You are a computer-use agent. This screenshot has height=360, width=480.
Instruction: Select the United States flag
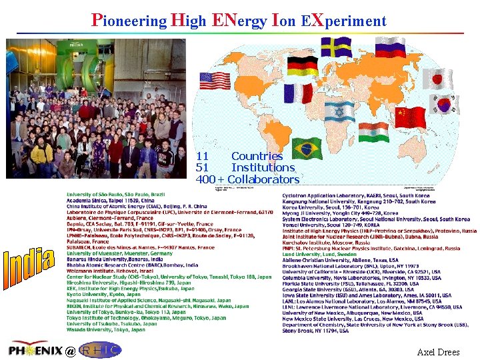214,81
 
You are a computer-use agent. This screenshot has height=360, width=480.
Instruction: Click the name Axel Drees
438,351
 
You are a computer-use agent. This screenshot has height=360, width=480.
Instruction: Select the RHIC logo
100,349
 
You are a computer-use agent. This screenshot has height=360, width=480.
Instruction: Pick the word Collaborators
265,179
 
